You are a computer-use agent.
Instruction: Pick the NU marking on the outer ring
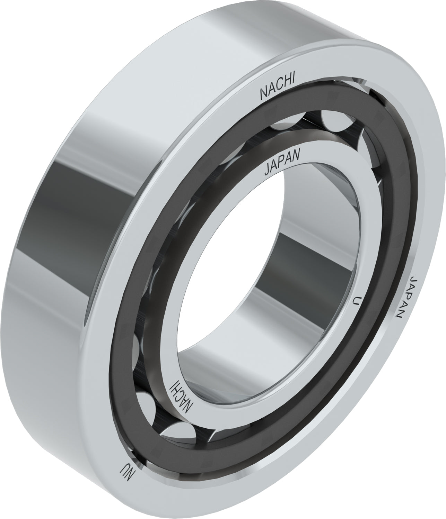point(126,469)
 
